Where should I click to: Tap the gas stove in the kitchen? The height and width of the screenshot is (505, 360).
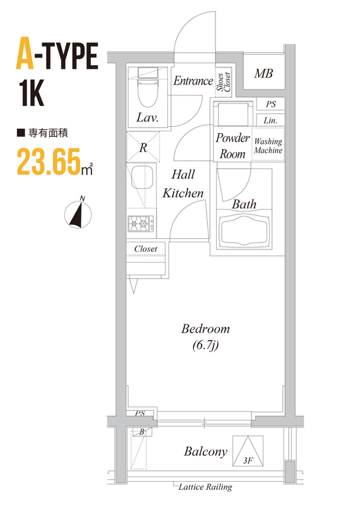pyautogui.click(x=141, y=223)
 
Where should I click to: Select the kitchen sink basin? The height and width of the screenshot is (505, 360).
pyautogui.click(x=141, y=177)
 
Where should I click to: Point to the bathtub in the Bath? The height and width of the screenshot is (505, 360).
pyautogui.click(x=244, y=230)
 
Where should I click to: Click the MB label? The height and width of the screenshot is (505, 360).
pyautogui.click(x=263, y=74)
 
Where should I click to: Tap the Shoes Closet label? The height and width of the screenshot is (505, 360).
pyautogui.click(x=224, y=82)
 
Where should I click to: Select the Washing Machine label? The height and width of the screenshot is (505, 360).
pyautogui.click(x=268, y=146)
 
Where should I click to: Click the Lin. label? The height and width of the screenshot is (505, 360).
pyautogui.click(x=270, y=121)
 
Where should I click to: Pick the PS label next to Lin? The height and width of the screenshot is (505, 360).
pyautogui.click(x=271, y=104)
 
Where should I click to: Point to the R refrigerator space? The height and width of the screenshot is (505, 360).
pyautogui.click(x=143, y=148)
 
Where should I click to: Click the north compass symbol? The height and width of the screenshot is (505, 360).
pyautogui.click(x=78, y=213)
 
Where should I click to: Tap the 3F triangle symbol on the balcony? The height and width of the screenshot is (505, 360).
pyautogui.click(x=248, y=451)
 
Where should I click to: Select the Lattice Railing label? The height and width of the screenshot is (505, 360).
pyautogui.click(x=205, y=487)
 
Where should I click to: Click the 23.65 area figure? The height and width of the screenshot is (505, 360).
pyautogui.click(x=49, y=162)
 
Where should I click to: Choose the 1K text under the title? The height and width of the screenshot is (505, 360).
pyautogui.click(x=31, y=93)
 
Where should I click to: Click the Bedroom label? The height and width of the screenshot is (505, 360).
pyautogui.click(x=206, y=329)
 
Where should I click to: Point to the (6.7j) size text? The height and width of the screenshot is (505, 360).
pyautogui.click(x=206, y=345)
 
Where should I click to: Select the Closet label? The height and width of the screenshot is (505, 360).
pyautogui.click(x=146, y=249)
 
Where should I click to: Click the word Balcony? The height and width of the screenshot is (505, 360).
pyautogui.click(x=206, y=451)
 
